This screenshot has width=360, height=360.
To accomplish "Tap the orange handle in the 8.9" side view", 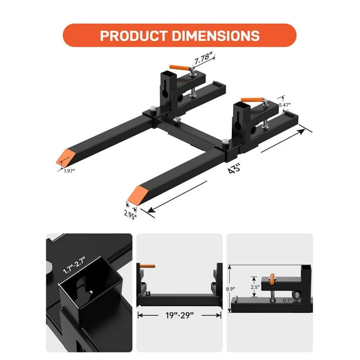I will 273,278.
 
